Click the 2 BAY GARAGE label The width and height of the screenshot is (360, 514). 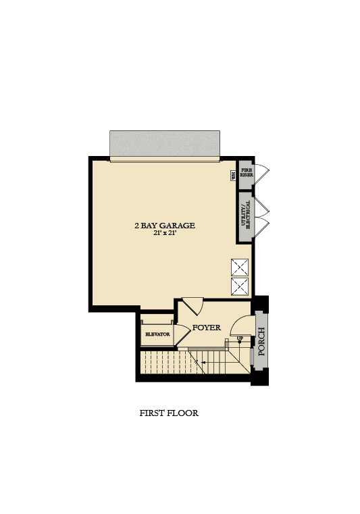point(165,226)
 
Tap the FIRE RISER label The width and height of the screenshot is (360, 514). point(247,173)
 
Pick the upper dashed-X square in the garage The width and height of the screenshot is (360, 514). point(240,267)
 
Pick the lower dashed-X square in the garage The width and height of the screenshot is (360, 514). point(240,286)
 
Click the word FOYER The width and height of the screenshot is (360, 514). point(207,328)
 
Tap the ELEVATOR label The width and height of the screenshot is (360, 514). point(157,334)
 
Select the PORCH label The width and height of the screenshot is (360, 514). point(261,342)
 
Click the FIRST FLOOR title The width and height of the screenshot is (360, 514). point(169,413)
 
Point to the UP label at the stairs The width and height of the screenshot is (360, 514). point(240,338)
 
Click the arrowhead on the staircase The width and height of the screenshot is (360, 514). point(204,362)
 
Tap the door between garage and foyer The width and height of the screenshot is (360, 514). point(192,305)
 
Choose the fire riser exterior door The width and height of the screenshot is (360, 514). point(261,173)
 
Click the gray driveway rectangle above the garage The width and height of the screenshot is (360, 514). point(165,144)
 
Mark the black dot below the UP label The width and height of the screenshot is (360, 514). point(240,342)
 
